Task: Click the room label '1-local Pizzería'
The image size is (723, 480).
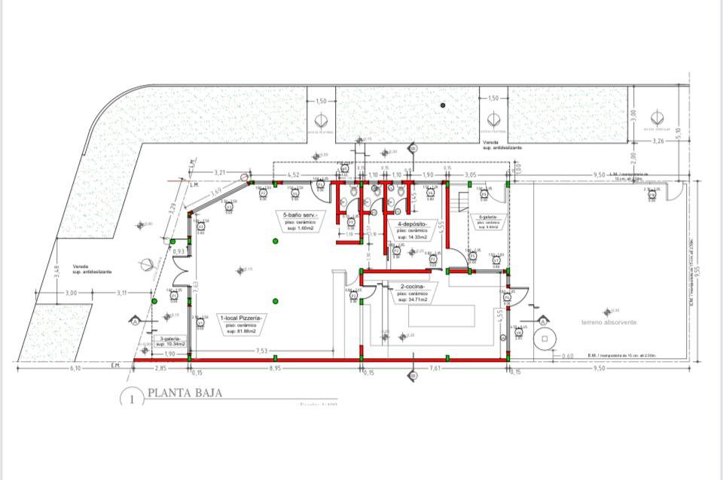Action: (x=239, y=318)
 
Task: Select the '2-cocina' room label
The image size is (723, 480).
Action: (x=413, y=287)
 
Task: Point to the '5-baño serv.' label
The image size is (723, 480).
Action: (x=300, y=216)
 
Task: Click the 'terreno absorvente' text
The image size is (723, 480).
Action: (x=609, y=322)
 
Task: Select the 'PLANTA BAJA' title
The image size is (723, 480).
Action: (x=185, y=393)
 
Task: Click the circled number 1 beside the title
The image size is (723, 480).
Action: (x=132, y=399)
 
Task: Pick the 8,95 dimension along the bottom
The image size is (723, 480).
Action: (x=276, y=369)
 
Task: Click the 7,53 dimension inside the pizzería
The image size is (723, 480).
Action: (x=261, y=351)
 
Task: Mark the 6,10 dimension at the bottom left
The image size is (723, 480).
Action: (x=74, y=369)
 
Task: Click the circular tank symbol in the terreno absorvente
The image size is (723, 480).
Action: (x=542, y=339)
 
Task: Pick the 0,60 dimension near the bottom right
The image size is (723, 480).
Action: (x=568, y=356)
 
